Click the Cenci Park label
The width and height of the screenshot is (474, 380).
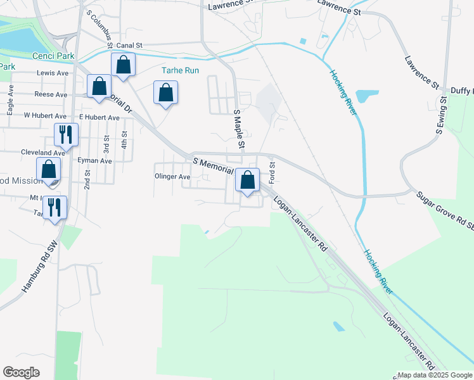pos(54,56)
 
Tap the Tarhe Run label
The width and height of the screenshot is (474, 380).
pos(181,70)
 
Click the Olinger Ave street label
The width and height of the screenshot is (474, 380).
pos(172,177)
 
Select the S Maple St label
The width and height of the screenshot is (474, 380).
pos(239,130)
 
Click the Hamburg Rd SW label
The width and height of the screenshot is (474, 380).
pos(41,266)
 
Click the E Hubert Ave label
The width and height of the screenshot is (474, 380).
pos(99,117)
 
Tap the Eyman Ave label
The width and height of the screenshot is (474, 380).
pos(94,161)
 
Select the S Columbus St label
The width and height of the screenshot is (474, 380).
pos(99,26)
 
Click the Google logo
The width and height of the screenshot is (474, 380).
pos(22,372)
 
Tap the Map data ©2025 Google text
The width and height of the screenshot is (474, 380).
pos(435,375)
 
